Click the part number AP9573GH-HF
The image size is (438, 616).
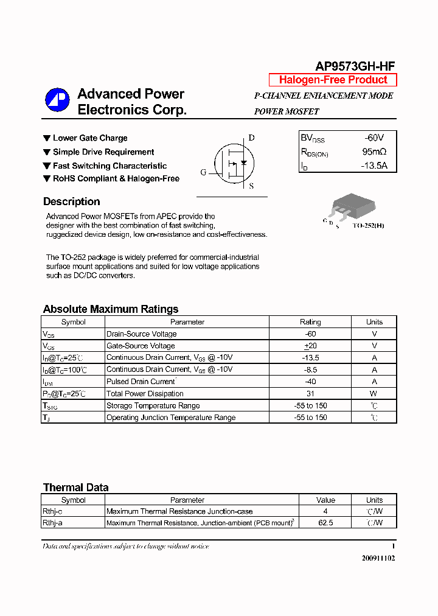(355, 66)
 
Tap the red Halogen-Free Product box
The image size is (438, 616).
(333, 80)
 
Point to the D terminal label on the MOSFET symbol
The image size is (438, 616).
(251, 138)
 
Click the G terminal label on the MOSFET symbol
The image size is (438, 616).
(203, 172)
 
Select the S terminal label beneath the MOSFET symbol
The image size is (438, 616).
(251, 186)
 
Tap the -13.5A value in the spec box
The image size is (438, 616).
(373, 166)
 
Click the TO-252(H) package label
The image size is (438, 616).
(368, 226)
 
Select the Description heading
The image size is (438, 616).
(71, 201)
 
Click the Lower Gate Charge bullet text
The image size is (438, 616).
(90, 138)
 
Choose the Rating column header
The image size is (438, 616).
(310, 322)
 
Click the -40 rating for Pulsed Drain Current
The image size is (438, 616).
(310, 382)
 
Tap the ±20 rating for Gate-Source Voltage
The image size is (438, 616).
(310, 346)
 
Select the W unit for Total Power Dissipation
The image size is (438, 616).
(374, 394)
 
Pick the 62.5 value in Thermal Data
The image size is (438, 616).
(325, 523)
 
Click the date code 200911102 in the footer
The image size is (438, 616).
(377, 558)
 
